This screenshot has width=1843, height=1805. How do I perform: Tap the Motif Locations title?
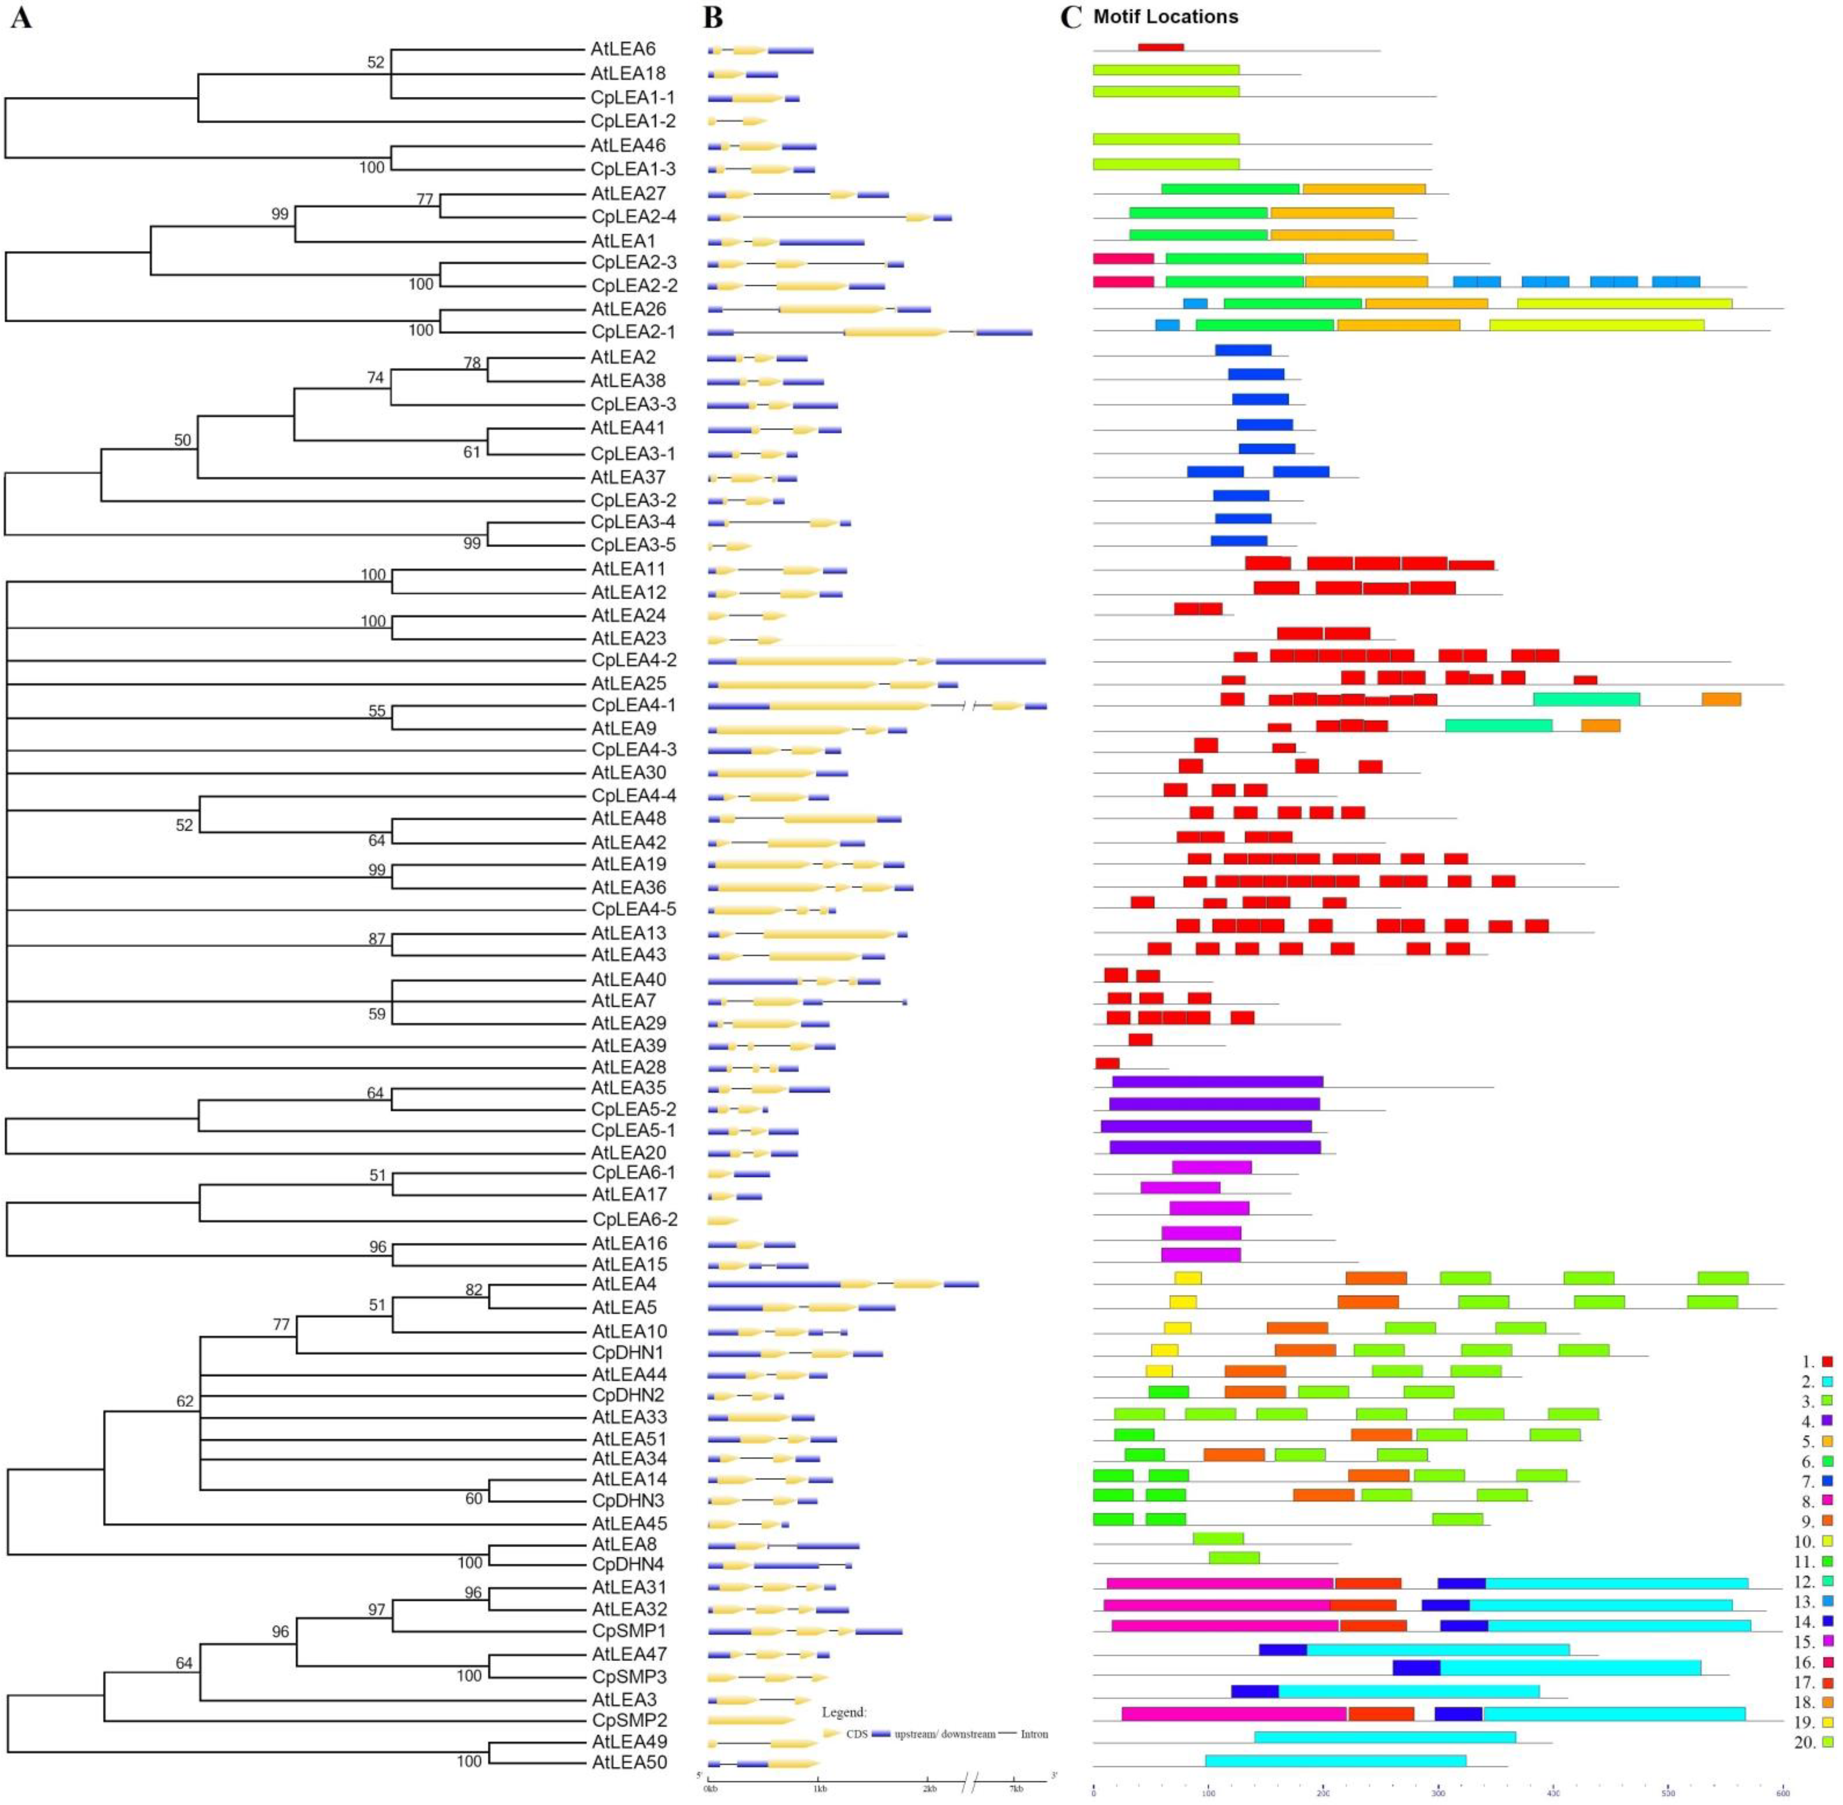pos(1166,17)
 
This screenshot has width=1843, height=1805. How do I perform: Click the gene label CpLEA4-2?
pos(633,660)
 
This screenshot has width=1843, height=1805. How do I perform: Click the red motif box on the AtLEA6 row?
pos(1161,48)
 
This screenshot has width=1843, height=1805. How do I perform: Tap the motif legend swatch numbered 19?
pos(1827,1722)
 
